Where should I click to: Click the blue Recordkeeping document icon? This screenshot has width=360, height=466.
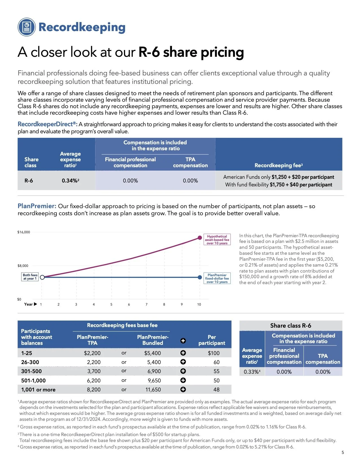pyautogui.click(x=27, y=27)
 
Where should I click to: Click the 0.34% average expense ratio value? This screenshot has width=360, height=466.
pyautogui.click(x=70, y=180)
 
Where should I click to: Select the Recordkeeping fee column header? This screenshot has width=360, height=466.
pyautogui.click(x=278, y=165)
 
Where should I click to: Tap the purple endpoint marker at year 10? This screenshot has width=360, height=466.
pyautogui.click(x=200, y=238)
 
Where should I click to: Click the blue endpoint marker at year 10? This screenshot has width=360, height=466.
pyautogui.click(x=200, y=277)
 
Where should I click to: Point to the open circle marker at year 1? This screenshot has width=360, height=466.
pyautogui.click(x=42, y=277)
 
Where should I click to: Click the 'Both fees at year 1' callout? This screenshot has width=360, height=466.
pyautogui.click(x=30, y=277)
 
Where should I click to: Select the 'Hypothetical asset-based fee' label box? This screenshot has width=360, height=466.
pyautogui.click(x=217, y=239)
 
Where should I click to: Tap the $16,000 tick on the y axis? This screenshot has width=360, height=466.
pyautogui.click(x=24, y=232)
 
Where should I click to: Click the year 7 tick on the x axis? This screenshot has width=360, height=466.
pyautogui.click(x=147, y=304)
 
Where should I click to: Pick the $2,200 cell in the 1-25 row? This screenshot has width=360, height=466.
pyautogui.click(x=92, y=353)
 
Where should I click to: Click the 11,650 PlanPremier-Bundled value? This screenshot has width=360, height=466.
pyautogui.click(x=153, y=389)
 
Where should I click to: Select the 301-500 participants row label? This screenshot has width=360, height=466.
pyautogui.click(x=31, y=371)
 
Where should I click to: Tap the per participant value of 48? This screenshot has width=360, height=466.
pyautogui.click(x=216, y=389)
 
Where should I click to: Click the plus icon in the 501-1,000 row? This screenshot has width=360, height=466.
pyautogui.click(x=183, y=380)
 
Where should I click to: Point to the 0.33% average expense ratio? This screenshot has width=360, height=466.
pyautogui.click(x=252, y=372)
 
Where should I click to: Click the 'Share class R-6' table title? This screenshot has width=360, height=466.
pyautogui.click(x=291, y=326)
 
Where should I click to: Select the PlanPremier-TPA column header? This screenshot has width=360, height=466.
pyautogui.click(x=92, y=340)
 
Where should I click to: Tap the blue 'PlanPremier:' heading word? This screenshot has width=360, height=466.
pyautogui.click(x=37, y=206)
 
